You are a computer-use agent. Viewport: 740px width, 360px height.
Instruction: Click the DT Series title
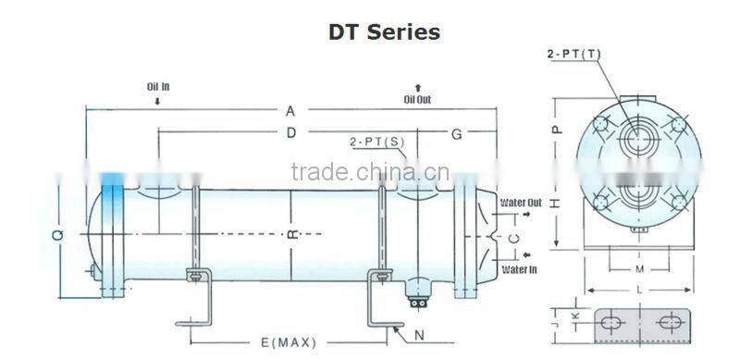pyautogui.click(x=384, y=31)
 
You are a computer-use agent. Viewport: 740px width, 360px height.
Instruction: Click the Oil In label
pyautogui.click(x=158, y=87)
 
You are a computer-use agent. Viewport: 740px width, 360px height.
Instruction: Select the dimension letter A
pyautogui.click(x=290, y=111)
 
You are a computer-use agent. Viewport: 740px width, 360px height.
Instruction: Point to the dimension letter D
pyautogui.click(x=290, y=133)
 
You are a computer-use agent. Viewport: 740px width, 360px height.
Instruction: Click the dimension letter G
pyautogui.click(x=456, y=133)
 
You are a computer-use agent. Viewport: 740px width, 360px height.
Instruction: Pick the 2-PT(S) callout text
pyautogui.click(x=376, y=142)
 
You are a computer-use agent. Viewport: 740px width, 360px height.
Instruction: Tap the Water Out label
pyautogui.click(x=522, y=201)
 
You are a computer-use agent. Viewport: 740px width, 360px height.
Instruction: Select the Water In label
pyautogui.click(x=519, y=269)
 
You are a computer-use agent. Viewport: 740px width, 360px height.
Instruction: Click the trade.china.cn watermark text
pyautogui.click(x=369, y=172)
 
